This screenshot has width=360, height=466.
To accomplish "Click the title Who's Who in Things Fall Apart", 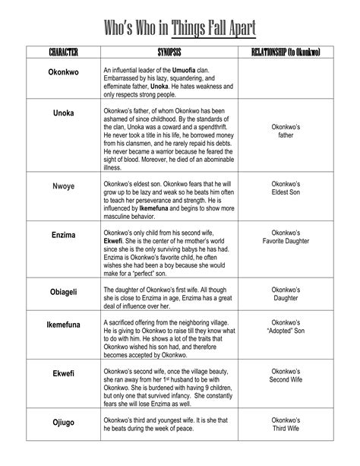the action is tap(180, 28).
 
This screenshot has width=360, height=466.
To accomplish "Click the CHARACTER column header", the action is tap(63, 55).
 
